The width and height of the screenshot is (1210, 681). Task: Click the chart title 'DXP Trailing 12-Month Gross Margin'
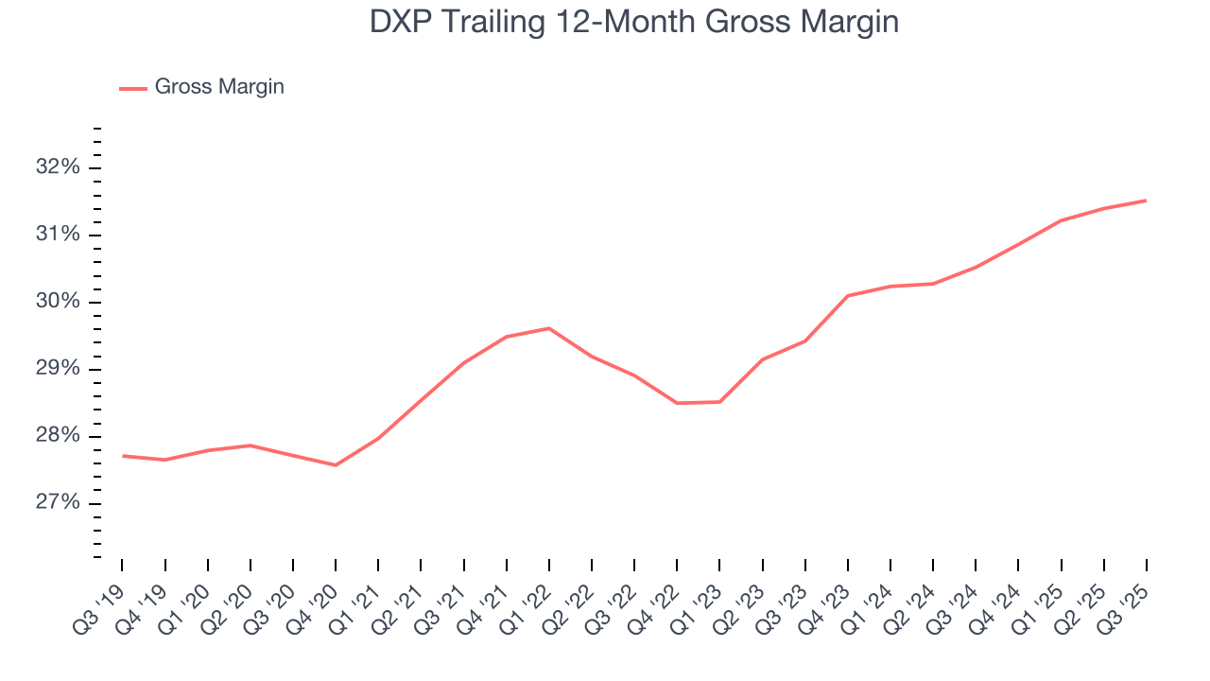tap(633, 23)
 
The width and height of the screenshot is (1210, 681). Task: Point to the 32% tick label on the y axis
tap(58, 167)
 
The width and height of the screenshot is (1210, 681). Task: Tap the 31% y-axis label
tap(58, 235)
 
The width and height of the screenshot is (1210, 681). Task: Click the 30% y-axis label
tap(58, 302)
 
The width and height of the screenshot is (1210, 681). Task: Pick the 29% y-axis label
tap(58, 369)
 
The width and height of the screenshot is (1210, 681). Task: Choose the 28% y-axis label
tap(58, 436)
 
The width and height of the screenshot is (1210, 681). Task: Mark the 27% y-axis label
tap(58, 503)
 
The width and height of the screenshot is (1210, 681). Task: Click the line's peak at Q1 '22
tap(549, 328)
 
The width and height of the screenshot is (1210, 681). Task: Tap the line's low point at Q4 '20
tap(336, 464)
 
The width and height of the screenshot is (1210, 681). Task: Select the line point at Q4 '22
tap(677, 403)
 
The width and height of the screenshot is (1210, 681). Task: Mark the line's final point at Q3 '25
tap(1146, 201)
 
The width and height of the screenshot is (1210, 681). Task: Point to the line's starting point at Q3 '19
tap(123, 456)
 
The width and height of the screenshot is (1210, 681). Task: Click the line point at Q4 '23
tap(848, 296)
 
